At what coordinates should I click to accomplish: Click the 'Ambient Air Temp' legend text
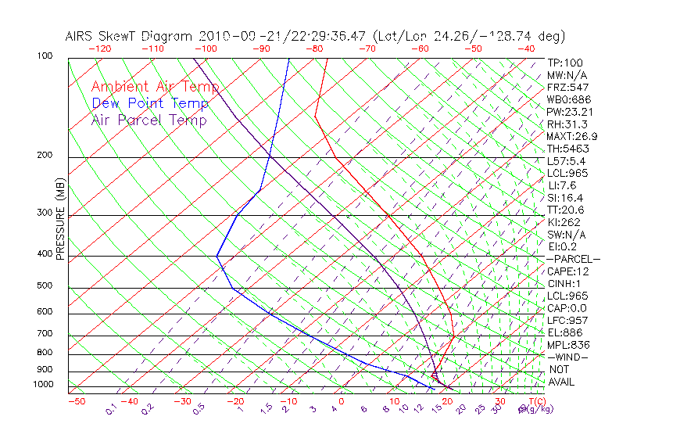(155, 87)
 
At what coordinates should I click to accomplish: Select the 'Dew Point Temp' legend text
(149, 103)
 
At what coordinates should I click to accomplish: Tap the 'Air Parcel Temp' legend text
(149, 120)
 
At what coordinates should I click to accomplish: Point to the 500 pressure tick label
(45, 286)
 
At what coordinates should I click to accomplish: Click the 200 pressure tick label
(45, 155)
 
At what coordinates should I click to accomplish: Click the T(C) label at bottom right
(535, 402)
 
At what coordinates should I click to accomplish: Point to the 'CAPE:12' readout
(568, 271)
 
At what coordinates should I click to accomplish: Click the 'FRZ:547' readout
(568, 88)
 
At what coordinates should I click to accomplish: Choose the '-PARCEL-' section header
(573, 259)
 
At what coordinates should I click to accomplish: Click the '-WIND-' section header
(568, 357)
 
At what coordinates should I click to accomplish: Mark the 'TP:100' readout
(565, 63)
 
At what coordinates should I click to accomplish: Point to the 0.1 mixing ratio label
(111, 409)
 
